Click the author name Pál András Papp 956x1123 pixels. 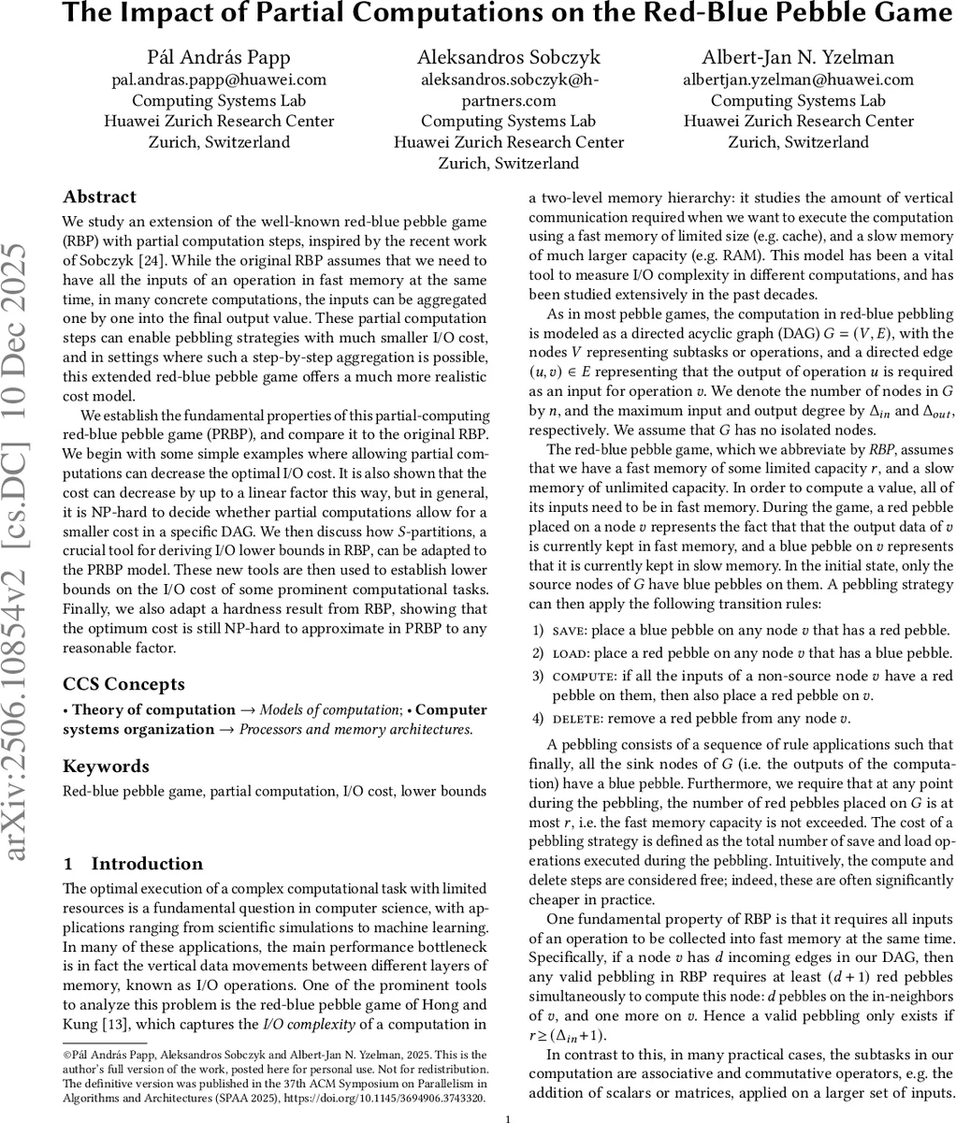(219, 58)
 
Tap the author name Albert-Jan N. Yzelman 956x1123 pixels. (799, 58)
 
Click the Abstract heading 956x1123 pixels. (99, 197)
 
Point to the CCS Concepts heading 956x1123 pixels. (123, 684)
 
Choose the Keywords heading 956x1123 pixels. (106, 766)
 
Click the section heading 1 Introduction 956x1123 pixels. (133, 864)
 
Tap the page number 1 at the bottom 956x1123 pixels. (506, 1118)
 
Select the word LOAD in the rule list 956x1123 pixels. (570, 652)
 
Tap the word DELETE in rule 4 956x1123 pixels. (578, 720)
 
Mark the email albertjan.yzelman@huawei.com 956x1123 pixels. (799, 80)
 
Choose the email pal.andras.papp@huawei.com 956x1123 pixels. (219, 80)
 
